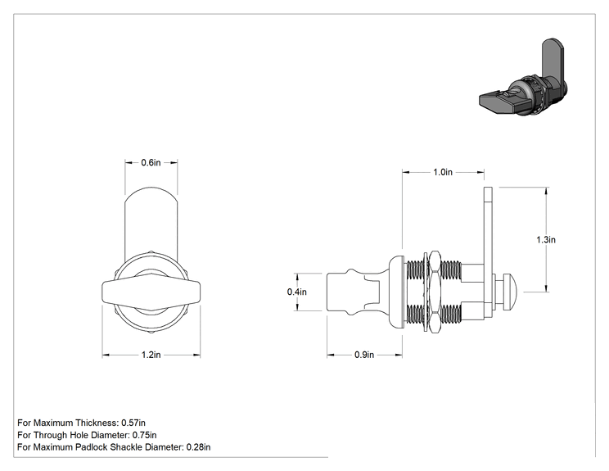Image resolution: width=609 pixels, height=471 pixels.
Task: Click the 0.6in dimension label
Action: click(x=151, y=162)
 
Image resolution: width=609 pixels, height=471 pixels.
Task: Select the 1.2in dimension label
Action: click(x=151, y=355)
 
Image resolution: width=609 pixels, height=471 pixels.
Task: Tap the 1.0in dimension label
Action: click(x=443, y=172)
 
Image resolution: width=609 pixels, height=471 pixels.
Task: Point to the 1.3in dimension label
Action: click(x=546, y=240)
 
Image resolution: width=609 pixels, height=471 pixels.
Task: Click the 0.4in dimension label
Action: click(x=297, y=292)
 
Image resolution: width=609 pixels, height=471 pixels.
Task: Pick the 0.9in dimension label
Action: click(x=364, y=355)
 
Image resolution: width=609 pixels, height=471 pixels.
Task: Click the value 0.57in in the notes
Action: click(x=133, y=423)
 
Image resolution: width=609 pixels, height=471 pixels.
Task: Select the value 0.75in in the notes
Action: click(x=145, y=435)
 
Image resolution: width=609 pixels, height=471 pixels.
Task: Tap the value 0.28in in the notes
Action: click(x=198, y=447)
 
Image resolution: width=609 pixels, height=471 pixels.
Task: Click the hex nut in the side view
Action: click(x=435, y=292)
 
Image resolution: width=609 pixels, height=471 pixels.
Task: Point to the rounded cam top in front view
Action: click(x=151, y=194)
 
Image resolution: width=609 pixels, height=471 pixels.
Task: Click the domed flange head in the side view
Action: click(x=396, y=292)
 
